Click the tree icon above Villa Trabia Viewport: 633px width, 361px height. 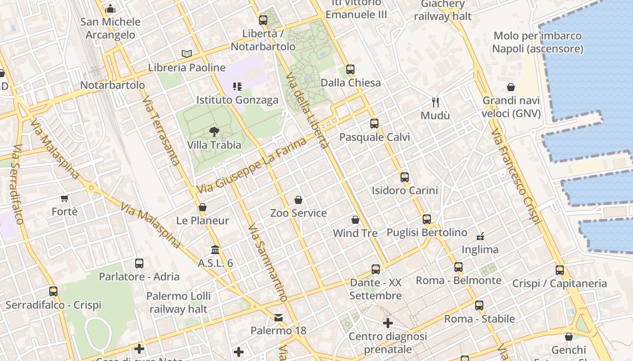click(214, 132)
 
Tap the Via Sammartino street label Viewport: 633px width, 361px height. click(267, 262)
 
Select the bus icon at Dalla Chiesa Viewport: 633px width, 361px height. click(350, 69)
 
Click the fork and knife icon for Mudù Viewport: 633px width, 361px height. click(435, 102)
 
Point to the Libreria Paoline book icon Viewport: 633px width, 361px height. click(187, 54)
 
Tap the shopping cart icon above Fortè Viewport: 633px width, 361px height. click(65, 199)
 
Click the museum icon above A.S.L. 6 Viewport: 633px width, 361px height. click(215, 250)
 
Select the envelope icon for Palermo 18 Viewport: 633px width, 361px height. click(279, 318)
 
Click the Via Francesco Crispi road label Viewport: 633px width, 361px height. click(516, 176)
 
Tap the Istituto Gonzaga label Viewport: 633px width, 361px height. click(237, 100)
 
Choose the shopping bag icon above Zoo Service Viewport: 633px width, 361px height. click(298, 200)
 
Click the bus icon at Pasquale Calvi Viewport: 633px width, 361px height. click(374, 124)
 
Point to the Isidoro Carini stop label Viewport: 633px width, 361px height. click(405, 190)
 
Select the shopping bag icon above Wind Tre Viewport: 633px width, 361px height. click(355, 220)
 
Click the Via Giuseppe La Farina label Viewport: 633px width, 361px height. click(251, 167)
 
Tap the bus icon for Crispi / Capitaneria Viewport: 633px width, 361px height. click(560, 270)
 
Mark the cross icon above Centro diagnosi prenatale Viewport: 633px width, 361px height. click(388, 323)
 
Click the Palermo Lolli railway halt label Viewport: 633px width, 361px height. click(178, 302)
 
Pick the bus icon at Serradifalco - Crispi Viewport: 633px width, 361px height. click(53, 292)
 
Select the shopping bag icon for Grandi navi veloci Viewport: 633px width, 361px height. click(511, 87)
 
